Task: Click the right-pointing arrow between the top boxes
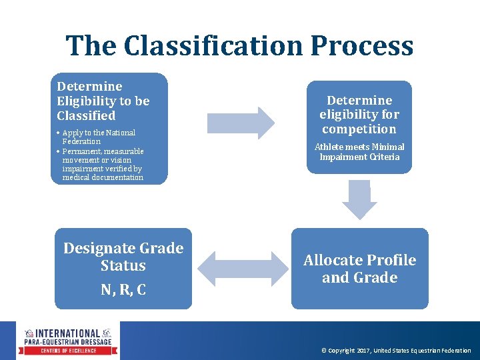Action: (x=241, y=123)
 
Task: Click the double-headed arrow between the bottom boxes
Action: (x=241, y=269)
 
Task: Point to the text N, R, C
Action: (x=123, y=290)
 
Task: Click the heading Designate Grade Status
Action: (x=123, y=257)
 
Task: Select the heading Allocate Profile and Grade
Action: (x=359, y=269)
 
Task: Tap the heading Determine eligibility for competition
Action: (x=359, y=115)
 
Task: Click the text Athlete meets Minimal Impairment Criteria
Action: (x=359, y=152)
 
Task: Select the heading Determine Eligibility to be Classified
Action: (x=103, y=101)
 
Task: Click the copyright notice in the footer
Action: (x=396, y=351)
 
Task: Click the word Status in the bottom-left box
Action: (x=123, y=266)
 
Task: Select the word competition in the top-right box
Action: (x=359, y=129)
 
